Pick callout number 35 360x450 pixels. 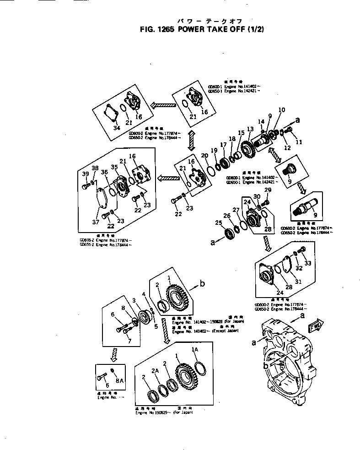(x=114, y=168)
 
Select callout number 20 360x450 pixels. (x=204, y=156)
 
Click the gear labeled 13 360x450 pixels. (x=247, y=147)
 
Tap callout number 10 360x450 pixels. (x=281, y=110)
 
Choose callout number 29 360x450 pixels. (x=268, y=190)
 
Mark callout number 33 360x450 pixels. (x=308, y=263)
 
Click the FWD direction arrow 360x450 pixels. (x=316, y=327)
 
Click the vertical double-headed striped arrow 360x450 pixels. (x=192, y=140)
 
